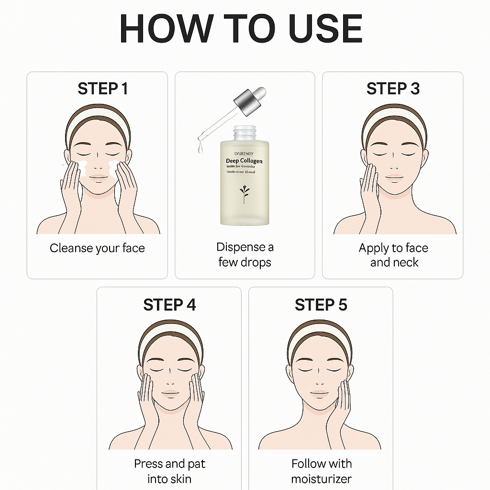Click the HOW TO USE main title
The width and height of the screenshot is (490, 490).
[241, 29]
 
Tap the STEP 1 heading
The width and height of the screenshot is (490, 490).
[103, 89]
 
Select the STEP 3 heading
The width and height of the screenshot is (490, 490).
[393, 89]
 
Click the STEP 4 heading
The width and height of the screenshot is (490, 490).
[169, 305]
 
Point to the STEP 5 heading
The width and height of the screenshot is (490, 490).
[321, 305]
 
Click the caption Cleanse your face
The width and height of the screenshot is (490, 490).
[97, 248]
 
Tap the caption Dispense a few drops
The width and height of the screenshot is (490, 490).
[245, 255]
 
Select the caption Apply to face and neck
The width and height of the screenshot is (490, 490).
[393, 255]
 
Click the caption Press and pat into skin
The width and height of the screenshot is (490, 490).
[169, 471]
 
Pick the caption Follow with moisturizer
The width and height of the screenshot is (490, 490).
[322, 471]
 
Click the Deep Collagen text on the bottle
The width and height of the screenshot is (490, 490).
[244, 161]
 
